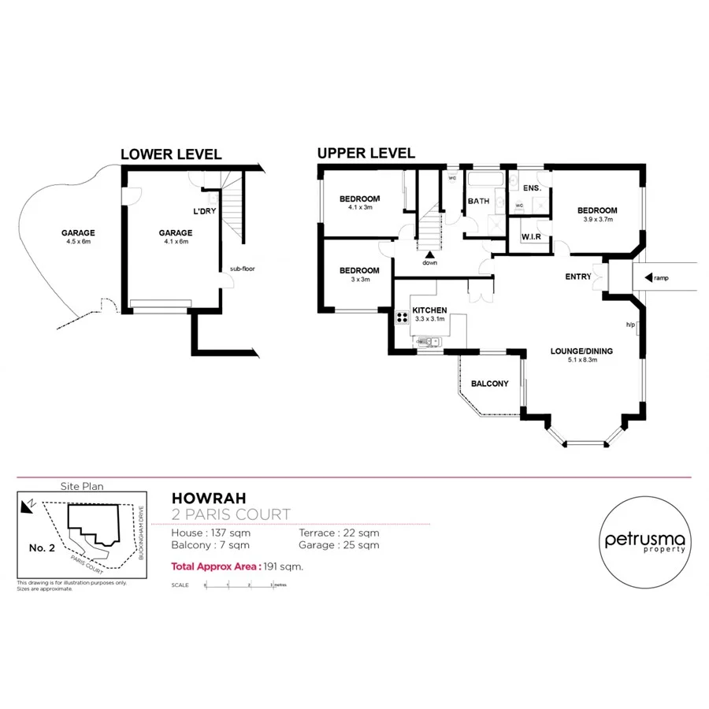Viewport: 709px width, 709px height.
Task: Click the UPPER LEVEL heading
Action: (x=366, y=153)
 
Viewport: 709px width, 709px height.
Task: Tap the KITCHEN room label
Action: (x=429, y=310)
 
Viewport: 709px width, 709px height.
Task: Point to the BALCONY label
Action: (x=489, y=384)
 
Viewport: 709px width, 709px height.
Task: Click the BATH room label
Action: (x=478, y=202)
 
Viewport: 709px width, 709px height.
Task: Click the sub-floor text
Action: (x=242, y=269)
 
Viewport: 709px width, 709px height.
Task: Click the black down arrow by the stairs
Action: (x=429, y=254)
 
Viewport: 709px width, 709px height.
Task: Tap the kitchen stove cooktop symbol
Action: (x=401, y=317)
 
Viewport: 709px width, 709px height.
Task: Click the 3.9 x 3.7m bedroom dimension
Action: (x=596, y=220)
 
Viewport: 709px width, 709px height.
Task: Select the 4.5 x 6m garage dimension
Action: (x=78, y=242)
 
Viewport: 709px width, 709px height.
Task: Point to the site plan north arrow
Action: (x=28, y=505)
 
